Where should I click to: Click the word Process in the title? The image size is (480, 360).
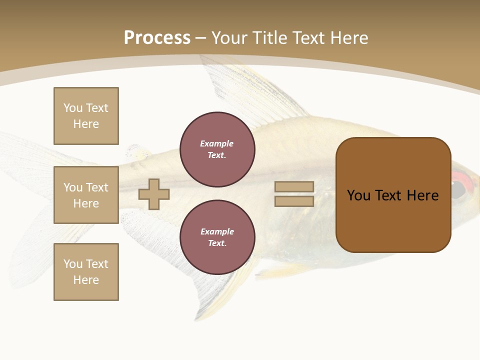click(x=157, y=38)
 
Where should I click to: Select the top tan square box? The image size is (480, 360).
click(x=86, y=116)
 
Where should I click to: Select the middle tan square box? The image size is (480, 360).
click(x=86, y=195)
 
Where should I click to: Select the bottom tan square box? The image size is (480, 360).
click(x=86, y=272)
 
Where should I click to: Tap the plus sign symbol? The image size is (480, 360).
click(x=154, y=194)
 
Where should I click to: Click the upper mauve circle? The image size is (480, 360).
click(x=217, y=149)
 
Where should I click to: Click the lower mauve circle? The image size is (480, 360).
click(x=217, y=237)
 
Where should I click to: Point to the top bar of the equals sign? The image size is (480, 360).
click(x=294, y=187)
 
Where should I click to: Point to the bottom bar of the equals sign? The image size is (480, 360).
click(x=294, y=201)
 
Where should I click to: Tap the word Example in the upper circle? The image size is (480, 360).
click(x=217, y=143)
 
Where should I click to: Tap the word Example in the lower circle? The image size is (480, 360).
click(x=217, y=231)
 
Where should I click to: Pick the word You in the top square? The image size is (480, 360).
click(x=73, y=108)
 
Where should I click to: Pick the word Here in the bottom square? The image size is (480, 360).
click(x=86, y=280)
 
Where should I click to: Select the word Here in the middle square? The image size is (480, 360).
click(x=86, y=203)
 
